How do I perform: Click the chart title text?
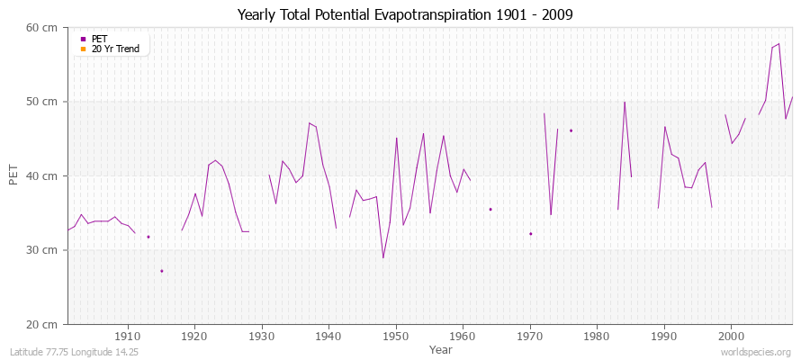(x=405, y=14)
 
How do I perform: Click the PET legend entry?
(x=99, y=39)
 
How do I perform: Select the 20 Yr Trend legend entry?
(x=115, y=49)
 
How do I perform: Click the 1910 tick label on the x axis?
(x=128, y=337)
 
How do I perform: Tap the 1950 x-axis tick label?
(x=396, y=337)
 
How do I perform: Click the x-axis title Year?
(x=441, y=349)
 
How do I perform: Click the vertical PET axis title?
(x=13, y=175)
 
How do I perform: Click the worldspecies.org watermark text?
(x=757, y=352)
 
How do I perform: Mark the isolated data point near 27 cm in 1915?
(x=162, y=271)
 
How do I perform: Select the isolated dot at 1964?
(x=490, y=209)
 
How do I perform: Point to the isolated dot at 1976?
(x=571, y=130)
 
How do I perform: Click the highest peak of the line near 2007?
(x=778, y=43)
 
